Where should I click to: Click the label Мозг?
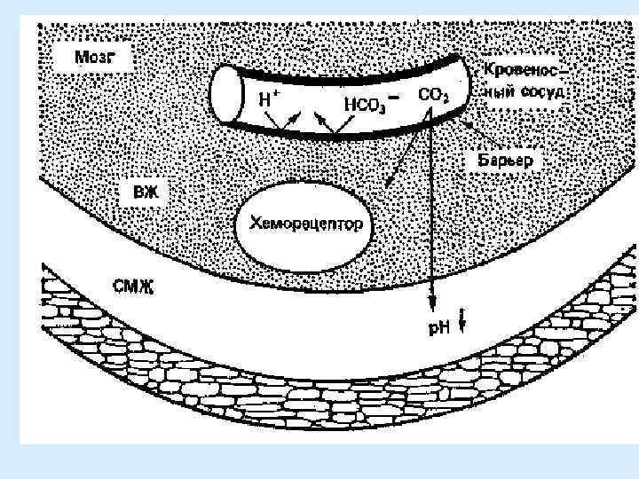[x=91, y=58]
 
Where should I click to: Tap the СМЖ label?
[x=136, y=287]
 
